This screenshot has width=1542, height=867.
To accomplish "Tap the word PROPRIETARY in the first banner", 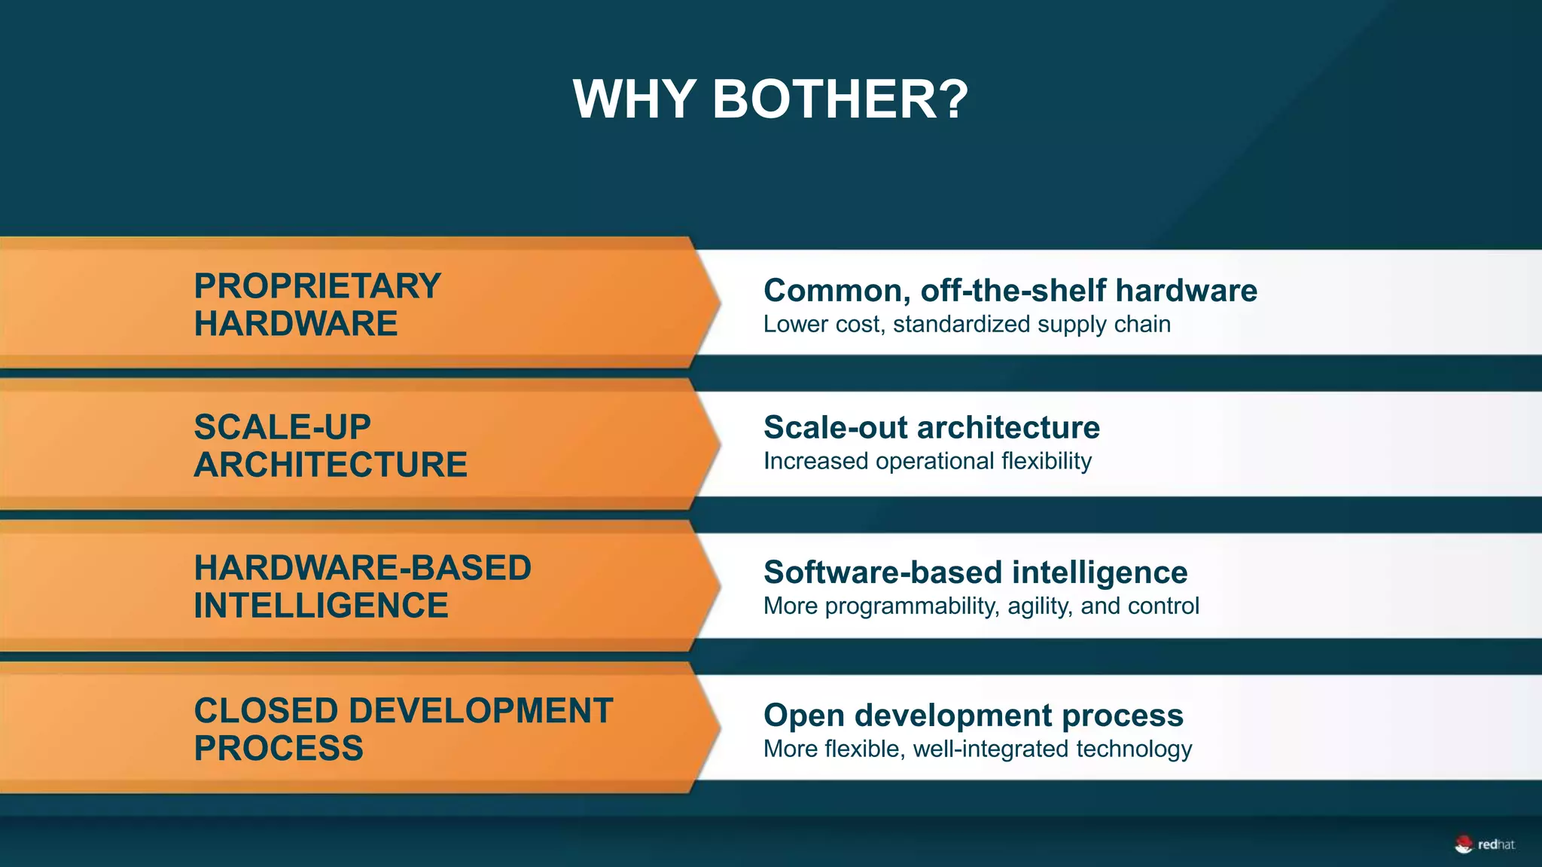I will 317,286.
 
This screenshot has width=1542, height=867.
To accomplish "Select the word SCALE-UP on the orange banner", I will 282,427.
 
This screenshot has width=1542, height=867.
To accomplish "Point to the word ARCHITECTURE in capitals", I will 331,465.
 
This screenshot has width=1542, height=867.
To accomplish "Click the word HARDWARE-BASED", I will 362,568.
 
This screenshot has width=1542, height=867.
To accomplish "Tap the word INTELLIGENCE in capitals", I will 321,606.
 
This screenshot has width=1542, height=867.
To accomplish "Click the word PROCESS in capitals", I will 279,749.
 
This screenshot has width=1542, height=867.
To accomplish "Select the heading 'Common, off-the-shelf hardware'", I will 1010,291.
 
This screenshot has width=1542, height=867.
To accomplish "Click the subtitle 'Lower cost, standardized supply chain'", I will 967,325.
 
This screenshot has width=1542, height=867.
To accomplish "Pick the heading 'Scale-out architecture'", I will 931,428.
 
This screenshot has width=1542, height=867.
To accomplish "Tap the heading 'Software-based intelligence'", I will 975,572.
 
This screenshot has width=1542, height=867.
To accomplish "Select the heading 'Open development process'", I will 973,716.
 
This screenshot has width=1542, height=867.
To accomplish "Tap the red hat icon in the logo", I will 1463,845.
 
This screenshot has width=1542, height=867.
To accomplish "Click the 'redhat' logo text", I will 1496,845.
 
